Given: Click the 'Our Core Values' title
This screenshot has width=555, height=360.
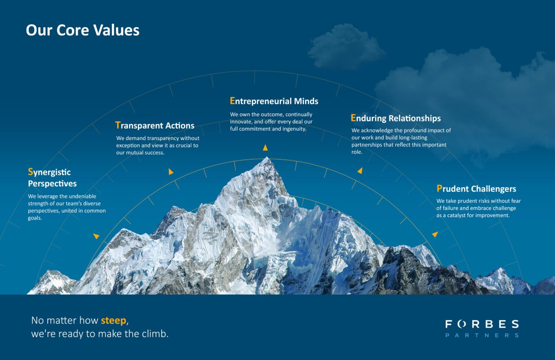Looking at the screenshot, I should (82, 30).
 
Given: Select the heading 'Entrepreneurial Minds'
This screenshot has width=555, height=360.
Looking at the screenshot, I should (274, 101).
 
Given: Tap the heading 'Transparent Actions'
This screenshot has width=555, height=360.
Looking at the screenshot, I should (155, 126).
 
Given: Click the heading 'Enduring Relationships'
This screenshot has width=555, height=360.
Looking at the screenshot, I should (395, 118).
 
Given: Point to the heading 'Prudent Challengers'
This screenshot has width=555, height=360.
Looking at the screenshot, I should (476, 189).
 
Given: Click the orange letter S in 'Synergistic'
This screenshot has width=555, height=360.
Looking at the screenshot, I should (30, 172).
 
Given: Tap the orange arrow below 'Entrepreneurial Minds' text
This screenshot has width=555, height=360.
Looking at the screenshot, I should (265, 148).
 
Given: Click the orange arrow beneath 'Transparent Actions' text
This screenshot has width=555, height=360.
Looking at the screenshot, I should (171, 172).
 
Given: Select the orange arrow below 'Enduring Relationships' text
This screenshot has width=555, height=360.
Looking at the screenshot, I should (359, 171).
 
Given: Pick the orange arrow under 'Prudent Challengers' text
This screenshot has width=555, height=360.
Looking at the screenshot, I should (435, 234).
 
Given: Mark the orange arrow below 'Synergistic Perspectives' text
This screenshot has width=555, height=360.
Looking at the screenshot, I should (96, 236).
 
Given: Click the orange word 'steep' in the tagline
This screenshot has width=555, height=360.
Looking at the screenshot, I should (114, 321).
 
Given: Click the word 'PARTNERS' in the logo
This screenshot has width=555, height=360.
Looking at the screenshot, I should (482, 335).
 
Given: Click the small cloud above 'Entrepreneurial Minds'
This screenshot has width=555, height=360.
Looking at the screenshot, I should (346, 47).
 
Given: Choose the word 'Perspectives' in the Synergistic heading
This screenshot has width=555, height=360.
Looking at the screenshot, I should (52, 183).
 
